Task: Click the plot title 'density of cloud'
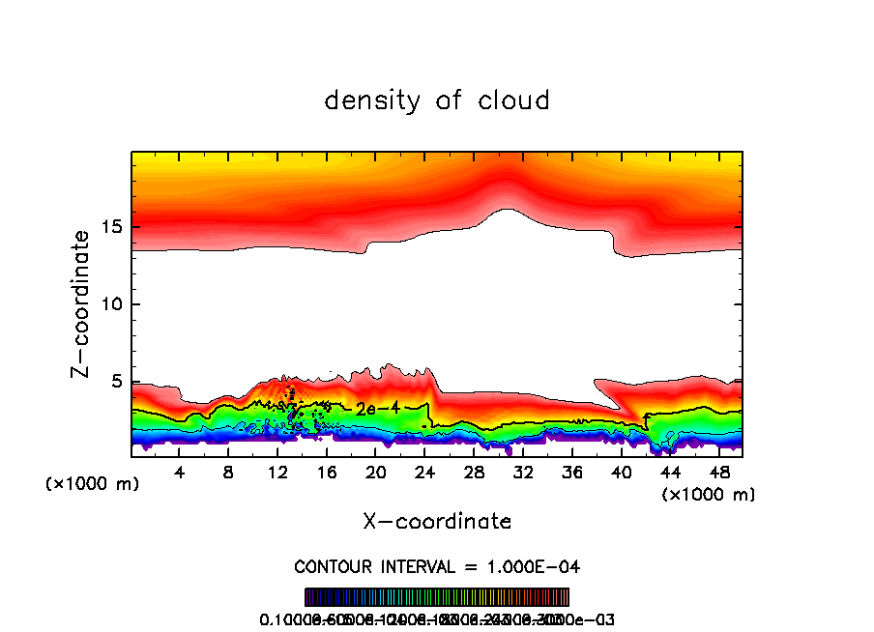pyautogui.click(x=437, y=101)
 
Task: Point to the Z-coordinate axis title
pyautogui.click(x=83, y=303)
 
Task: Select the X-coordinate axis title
pyautogui.click(x=437, y=521)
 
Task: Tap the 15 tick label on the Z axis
pyautogui.click(x=112, y=227)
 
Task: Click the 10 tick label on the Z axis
pyautogui.click(x=112, y=304)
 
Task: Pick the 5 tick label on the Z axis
pyautogui.click(x=117, y=382)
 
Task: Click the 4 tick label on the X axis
pyautogui.click(x=179, y=472)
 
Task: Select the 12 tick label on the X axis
pyautogui.click(x=277, y=472)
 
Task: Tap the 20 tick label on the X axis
pyautogui.click(x=375, y=472)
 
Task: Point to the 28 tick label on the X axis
pyautogui.click(x=474, y=472)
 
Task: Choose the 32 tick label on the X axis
pyautogui.click(x=523, y=472)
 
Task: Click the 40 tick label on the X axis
pyautogui.click(x=621, y=472)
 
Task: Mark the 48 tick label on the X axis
pyautogui.click(x=719, y=472)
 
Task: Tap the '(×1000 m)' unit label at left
pyautogui.click(x=93, y=484)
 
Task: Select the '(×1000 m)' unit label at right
pyautogui.click(x=708, y=494)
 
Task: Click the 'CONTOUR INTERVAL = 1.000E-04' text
pyautogui.click(x=437, y=566)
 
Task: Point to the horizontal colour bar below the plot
pyautogui.click(x=437, y=597)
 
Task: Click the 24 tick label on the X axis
pyautogui.click(x=424, y=472)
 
